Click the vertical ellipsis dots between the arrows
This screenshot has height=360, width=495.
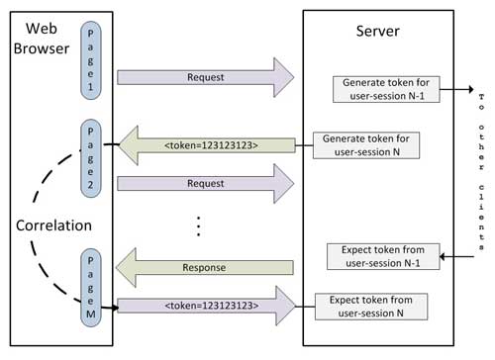[x=198, y=226]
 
